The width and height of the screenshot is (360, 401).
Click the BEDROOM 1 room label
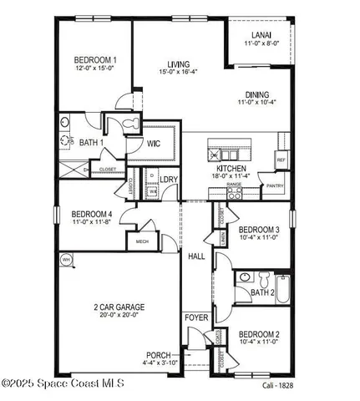click(x=94, y=59)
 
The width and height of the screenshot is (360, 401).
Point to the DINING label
click(x=256, y=94)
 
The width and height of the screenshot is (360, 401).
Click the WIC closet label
click(x=154, y=143)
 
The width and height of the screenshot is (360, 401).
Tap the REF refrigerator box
click(x=281, y=160)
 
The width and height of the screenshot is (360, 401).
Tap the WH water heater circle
click(x=65, y=261)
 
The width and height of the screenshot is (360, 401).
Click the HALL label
click(x=196, y=256)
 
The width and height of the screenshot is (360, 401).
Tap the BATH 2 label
click(x=262, y=292)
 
